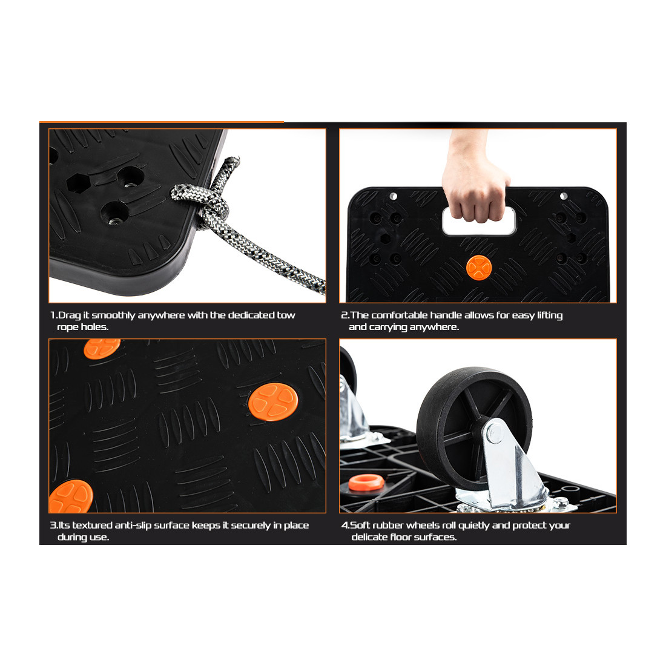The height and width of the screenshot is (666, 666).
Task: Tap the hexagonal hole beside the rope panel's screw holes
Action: click(x=78, y=183)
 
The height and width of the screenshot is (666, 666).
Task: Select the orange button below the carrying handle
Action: click(x=479, y=268)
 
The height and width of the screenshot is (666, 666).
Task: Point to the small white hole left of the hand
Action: click(x=394, y=196)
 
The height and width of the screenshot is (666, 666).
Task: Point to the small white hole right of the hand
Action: click(x=564, y=196)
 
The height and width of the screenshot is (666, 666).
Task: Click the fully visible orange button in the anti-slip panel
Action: click(x=273, y=402)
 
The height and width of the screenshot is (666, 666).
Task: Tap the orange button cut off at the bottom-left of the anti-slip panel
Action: click(x=71, y=496)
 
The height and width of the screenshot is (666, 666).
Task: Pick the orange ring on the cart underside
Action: click(x=366, y=483)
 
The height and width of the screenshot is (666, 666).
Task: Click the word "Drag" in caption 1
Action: click(x=69, y=315)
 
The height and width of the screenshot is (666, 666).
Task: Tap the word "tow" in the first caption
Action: click(x=286, y=315)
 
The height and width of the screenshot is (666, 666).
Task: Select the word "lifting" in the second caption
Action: click(x=550, y=315)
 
